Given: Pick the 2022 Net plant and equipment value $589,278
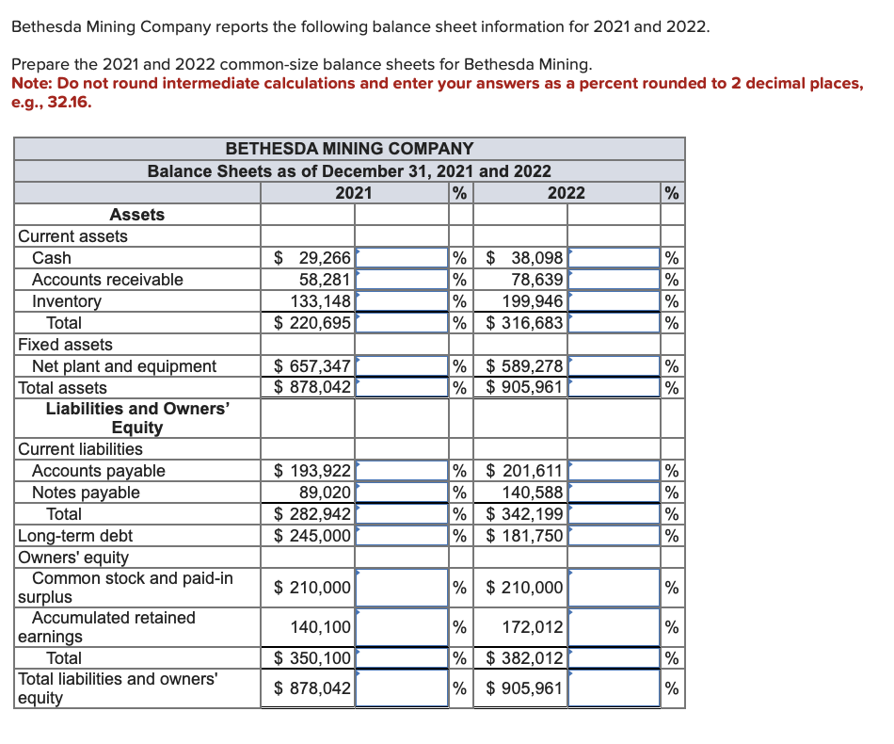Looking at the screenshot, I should tap(525, 366).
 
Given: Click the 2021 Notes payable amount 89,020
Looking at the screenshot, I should tap(325, 493).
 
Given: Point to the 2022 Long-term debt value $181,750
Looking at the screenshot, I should tap(525, 536).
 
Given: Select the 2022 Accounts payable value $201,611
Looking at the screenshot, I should tap(525, 471).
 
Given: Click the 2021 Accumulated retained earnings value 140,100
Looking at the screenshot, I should tap(322, 626).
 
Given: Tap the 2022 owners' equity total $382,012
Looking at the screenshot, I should tap(525, 658).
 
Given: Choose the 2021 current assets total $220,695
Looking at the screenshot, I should tap(312, 323).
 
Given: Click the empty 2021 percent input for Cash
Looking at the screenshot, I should tap(401, 258).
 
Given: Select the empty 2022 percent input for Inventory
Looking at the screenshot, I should tap(614, 301).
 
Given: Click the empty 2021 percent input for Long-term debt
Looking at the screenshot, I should tap(401, 536).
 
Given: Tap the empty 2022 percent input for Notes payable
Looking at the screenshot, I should tap(614, 493).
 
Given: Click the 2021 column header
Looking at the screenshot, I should tap(353, 193).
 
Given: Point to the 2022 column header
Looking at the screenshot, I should tap(566, 193).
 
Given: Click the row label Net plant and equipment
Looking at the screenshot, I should tap(124, 366).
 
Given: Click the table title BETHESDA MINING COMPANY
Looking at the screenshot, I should tap(349, 149).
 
